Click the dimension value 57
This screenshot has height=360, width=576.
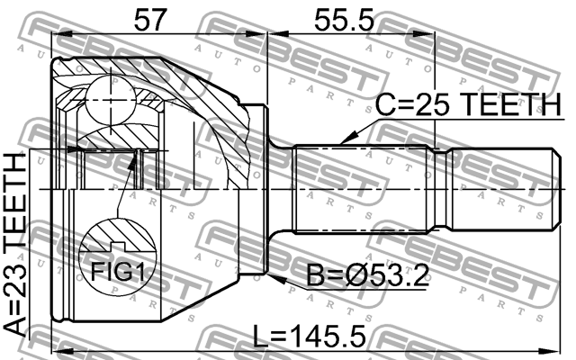(x=151, y=17)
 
